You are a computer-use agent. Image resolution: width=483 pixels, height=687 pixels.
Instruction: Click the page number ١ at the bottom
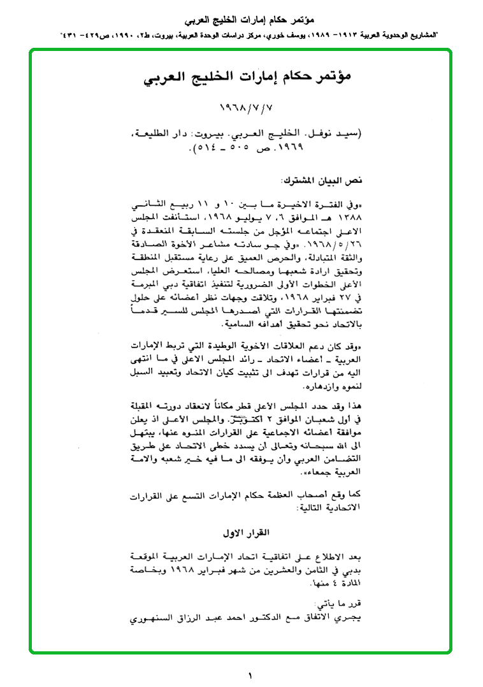[250, 674]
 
